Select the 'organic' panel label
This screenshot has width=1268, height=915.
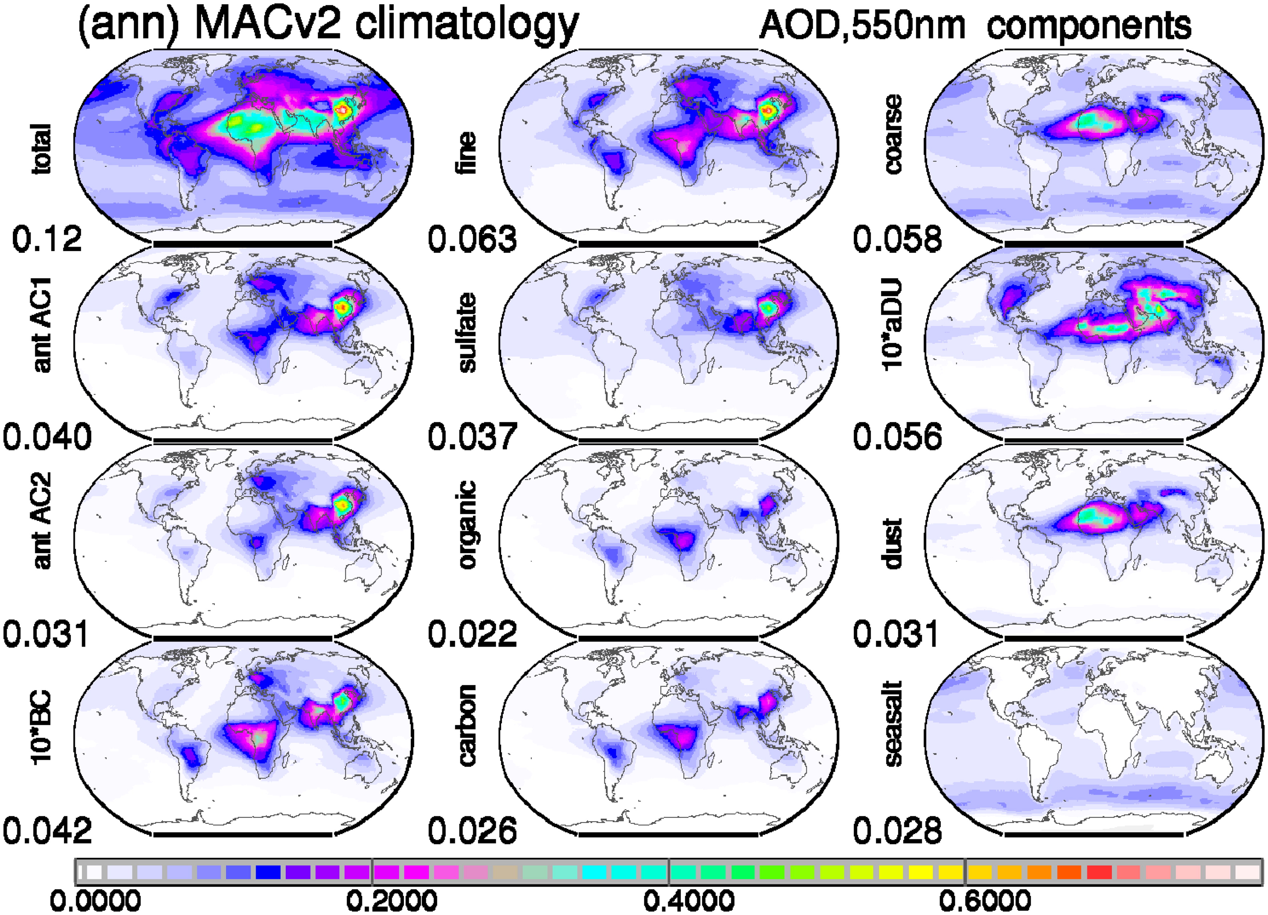467,525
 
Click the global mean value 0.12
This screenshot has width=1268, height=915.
47,239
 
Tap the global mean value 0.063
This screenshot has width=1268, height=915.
472,239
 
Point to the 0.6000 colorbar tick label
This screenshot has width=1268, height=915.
985,900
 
